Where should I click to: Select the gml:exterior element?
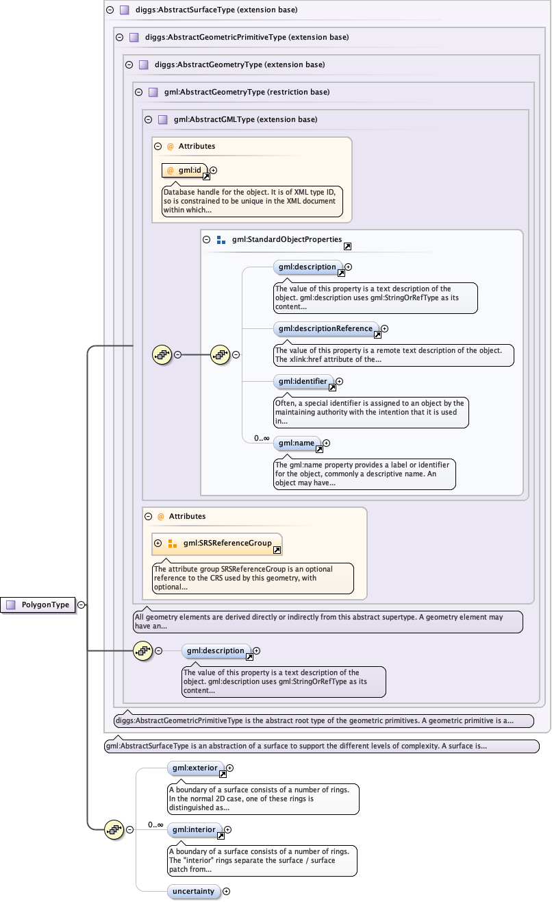tap(195, 768)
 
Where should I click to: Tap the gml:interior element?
tap(194, 830)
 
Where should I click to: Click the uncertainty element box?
tap(194, 891)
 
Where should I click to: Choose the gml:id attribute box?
tap(184, 170)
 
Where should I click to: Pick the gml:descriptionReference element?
tap(326, 329)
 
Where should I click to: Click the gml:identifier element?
tap(303, 381)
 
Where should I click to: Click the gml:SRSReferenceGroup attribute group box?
tap(216, 544)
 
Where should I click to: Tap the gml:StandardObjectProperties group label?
tap(286, 240)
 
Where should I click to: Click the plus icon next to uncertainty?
tap(227, 892)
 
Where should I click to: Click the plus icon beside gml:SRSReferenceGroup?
tap(158, 544)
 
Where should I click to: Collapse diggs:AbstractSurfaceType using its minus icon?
tap(110, 10)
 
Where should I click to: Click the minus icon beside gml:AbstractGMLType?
tap(148, 119)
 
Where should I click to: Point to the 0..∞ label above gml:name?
tap(261, 438)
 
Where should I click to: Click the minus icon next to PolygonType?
tap(81, 605)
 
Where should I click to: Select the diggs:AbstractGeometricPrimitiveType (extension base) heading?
tap(242, 38)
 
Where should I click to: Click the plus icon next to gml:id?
tap(214, 170)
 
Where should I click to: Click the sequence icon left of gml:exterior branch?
tap(114, 829)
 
